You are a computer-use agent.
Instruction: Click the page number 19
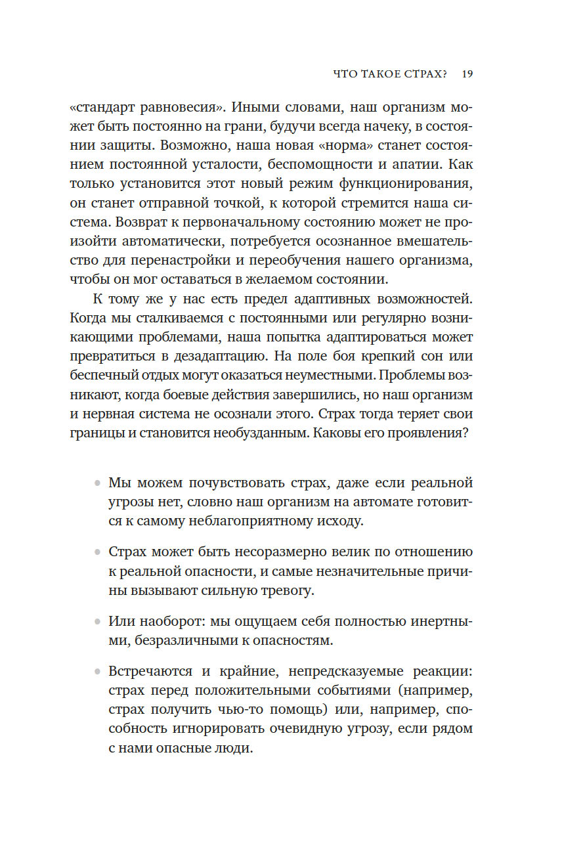(x=467, y=74)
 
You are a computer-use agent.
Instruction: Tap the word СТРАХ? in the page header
(x=423, y=74)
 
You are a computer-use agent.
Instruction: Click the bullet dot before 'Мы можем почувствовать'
(x=97, y=484)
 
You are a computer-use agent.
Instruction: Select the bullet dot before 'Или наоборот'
(x=97, y=621)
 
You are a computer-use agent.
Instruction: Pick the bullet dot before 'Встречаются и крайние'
(x=97, y=671)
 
